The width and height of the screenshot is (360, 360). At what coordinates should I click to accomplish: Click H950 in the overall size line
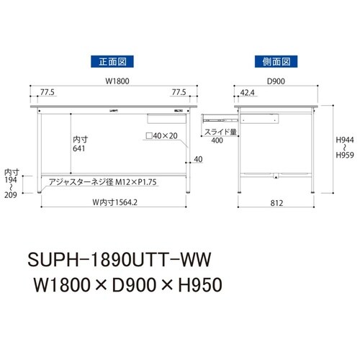(x=192, y=284)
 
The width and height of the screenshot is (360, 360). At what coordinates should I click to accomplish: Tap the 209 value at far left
(x=12, y=194)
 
